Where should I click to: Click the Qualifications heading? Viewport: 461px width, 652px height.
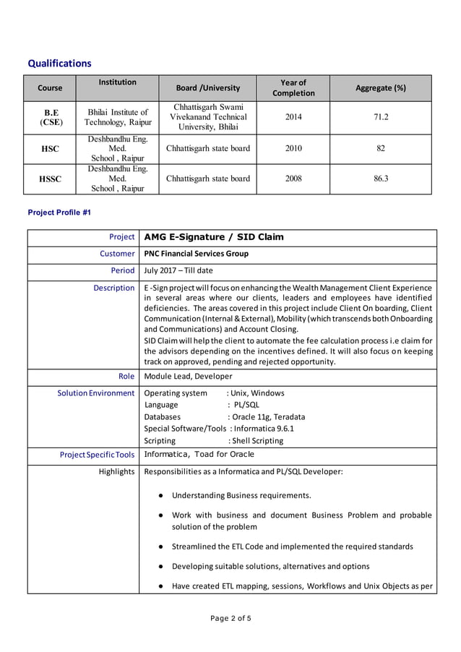coord(59,64)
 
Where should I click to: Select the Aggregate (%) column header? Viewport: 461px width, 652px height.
coord(380,88)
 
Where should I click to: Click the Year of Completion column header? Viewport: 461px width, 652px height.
coord(293,88)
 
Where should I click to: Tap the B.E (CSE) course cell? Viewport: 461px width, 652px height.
coord(51,118)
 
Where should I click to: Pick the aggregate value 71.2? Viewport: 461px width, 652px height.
coord(380,117)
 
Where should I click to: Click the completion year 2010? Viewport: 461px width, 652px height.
coord(293,149)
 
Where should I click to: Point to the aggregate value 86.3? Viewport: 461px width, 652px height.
coord(380,179)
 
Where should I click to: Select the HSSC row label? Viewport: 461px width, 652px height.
coord(51,179)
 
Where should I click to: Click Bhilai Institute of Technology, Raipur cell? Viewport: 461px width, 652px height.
coord(118,118)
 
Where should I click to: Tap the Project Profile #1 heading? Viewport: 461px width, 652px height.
coord(59,213)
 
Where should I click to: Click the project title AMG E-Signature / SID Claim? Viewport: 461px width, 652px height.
coord(214,237)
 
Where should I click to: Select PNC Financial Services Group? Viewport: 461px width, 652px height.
coord(197,254)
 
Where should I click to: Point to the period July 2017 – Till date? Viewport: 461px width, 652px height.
coord(178,270)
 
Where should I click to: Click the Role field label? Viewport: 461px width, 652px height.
coord(126,376)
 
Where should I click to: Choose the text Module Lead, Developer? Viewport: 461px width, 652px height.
coord(188,376)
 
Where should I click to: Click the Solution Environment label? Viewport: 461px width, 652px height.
coord(96,393)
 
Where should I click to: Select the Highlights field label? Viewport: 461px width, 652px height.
coord(116,472)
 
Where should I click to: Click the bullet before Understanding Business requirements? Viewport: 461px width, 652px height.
coord(159,496)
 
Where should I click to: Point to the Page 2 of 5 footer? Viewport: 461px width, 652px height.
coord(231,618)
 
